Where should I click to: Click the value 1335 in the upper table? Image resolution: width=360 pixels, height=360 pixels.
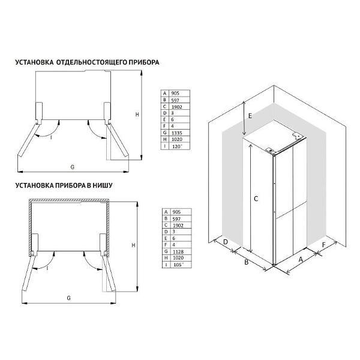177,133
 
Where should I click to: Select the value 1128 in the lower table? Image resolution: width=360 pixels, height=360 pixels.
178,251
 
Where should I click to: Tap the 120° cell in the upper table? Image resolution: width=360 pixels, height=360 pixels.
177,146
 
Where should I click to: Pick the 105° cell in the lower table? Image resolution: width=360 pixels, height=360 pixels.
178,265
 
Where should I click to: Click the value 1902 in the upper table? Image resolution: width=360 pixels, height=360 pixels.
177,107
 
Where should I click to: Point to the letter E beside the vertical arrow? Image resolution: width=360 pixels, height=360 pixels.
250,116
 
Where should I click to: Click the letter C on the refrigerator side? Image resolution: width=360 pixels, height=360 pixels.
256,199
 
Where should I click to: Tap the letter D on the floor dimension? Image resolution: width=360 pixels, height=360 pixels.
226,242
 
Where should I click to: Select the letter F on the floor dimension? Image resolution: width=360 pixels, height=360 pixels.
324,245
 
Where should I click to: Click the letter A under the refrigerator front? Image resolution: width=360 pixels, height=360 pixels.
301,260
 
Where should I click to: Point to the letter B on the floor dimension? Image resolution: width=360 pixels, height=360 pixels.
247,262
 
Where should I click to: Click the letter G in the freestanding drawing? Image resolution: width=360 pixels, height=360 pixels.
73,167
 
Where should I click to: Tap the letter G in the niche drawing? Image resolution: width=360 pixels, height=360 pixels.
68,298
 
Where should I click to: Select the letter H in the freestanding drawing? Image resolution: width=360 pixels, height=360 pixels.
137,115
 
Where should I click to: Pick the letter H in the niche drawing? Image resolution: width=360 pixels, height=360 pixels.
133,245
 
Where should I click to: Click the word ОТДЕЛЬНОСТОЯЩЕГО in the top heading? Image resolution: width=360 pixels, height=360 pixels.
91,62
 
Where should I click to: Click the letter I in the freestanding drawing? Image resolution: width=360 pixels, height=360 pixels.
51,137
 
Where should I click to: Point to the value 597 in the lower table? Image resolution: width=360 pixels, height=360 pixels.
176,219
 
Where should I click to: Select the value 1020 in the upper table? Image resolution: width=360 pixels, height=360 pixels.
177,139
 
